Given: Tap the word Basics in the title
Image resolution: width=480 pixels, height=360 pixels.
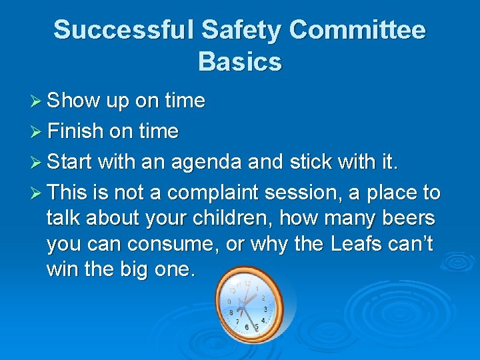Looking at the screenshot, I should tap(239, 62).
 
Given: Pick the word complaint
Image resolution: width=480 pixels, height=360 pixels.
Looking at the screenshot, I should tap(213, 193).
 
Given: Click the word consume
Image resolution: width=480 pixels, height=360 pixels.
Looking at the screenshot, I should tap(177, 245).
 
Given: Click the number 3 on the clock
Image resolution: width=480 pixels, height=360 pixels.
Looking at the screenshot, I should tap(265, 309).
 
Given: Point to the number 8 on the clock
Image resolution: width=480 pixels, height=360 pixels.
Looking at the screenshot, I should tap(231, 311).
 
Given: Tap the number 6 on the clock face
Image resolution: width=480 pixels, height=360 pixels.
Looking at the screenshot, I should tap(247, 327).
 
